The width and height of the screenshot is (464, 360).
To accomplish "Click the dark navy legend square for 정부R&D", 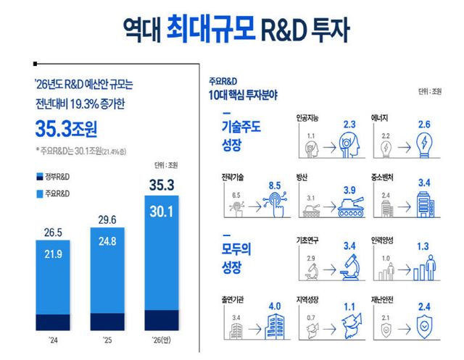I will pyautogui.click(x=38, y=177).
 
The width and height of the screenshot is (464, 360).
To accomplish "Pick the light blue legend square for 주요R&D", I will pyautogui.click(x=38, y=193).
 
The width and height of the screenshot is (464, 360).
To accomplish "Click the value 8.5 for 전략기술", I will pyautogui.click(x=273, y=186).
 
